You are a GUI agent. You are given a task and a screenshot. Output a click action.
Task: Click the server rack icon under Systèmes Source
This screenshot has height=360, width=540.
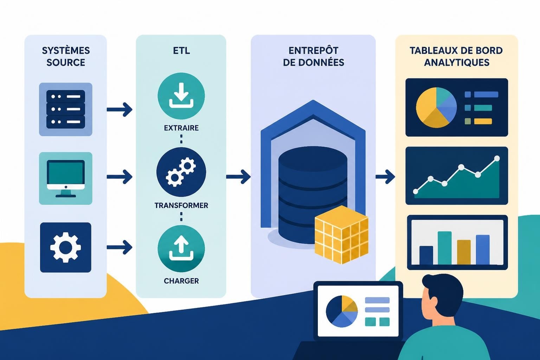tap(66, 109)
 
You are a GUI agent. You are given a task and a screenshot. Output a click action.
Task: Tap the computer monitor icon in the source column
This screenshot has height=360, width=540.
tap(66, 179)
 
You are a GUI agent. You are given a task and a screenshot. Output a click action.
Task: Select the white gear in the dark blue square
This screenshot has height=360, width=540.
tap(66, 247)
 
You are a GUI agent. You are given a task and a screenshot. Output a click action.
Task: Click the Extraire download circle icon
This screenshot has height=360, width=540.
tap(181, 96)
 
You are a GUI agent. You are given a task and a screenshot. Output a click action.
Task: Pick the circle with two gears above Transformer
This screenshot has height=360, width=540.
tap(181, 172)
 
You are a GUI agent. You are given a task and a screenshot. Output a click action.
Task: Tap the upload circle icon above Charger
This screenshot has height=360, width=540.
tap(181, 249)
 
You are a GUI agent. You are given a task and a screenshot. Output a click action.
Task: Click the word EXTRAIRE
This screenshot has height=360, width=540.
tap(181, 128)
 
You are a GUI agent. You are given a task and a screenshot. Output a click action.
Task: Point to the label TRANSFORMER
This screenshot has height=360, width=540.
tap(181, 205)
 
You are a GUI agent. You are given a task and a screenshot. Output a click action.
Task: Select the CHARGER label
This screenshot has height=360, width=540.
tap(181, 281)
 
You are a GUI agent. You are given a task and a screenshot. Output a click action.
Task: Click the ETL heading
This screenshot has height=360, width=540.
tap(181, 51)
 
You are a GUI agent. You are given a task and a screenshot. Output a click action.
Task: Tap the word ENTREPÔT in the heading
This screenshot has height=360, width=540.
tap(313, 50)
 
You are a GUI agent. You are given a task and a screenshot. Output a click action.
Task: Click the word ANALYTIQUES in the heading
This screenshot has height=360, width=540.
tap(457, 63)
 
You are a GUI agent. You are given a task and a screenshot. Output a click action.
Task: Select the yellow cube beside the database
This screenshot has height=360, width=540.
tap(342, 234)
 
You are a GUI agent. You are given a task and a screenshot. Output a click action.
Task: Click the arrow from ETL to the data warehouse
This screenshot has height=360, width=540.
tap(238, 177)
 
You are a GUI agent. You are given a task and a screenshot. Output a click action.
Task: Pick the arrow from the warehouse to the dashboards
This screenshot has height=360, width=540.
tap(385, 177)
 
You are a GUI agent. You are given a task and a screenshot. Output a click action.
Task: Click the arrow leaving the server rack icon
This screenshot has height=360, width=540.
tap(120, 109)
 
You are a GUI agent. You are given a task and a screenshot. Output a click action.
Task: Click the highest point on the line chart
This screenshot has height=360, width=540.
tap(497, 159)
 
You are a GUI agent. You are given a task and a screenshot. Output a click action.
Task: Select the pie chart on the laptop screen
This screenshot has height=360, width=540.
tap(342, 311)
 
